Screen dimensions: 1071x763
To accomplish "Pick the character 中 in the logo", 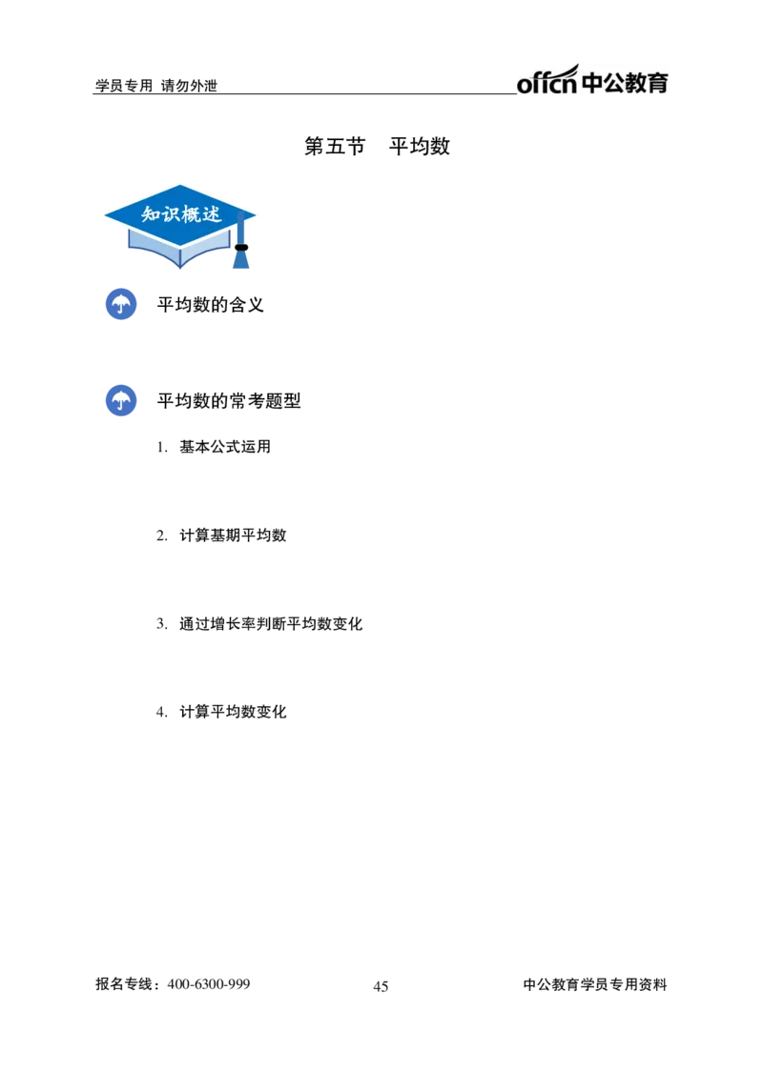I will [592, 84].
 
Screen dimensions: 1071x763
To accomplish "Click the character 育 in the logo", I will [659, 84].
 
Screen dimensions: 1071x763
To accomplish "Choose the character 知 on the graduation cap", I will [151, 215].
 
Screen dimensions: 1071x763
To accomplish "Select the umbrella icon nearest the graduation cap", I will [120, 305].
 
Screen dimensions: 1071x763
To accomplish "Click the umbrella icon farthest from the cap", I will [120, 401].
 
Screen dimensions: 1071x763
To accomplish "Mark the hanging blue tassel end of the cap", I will [241, 261].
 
